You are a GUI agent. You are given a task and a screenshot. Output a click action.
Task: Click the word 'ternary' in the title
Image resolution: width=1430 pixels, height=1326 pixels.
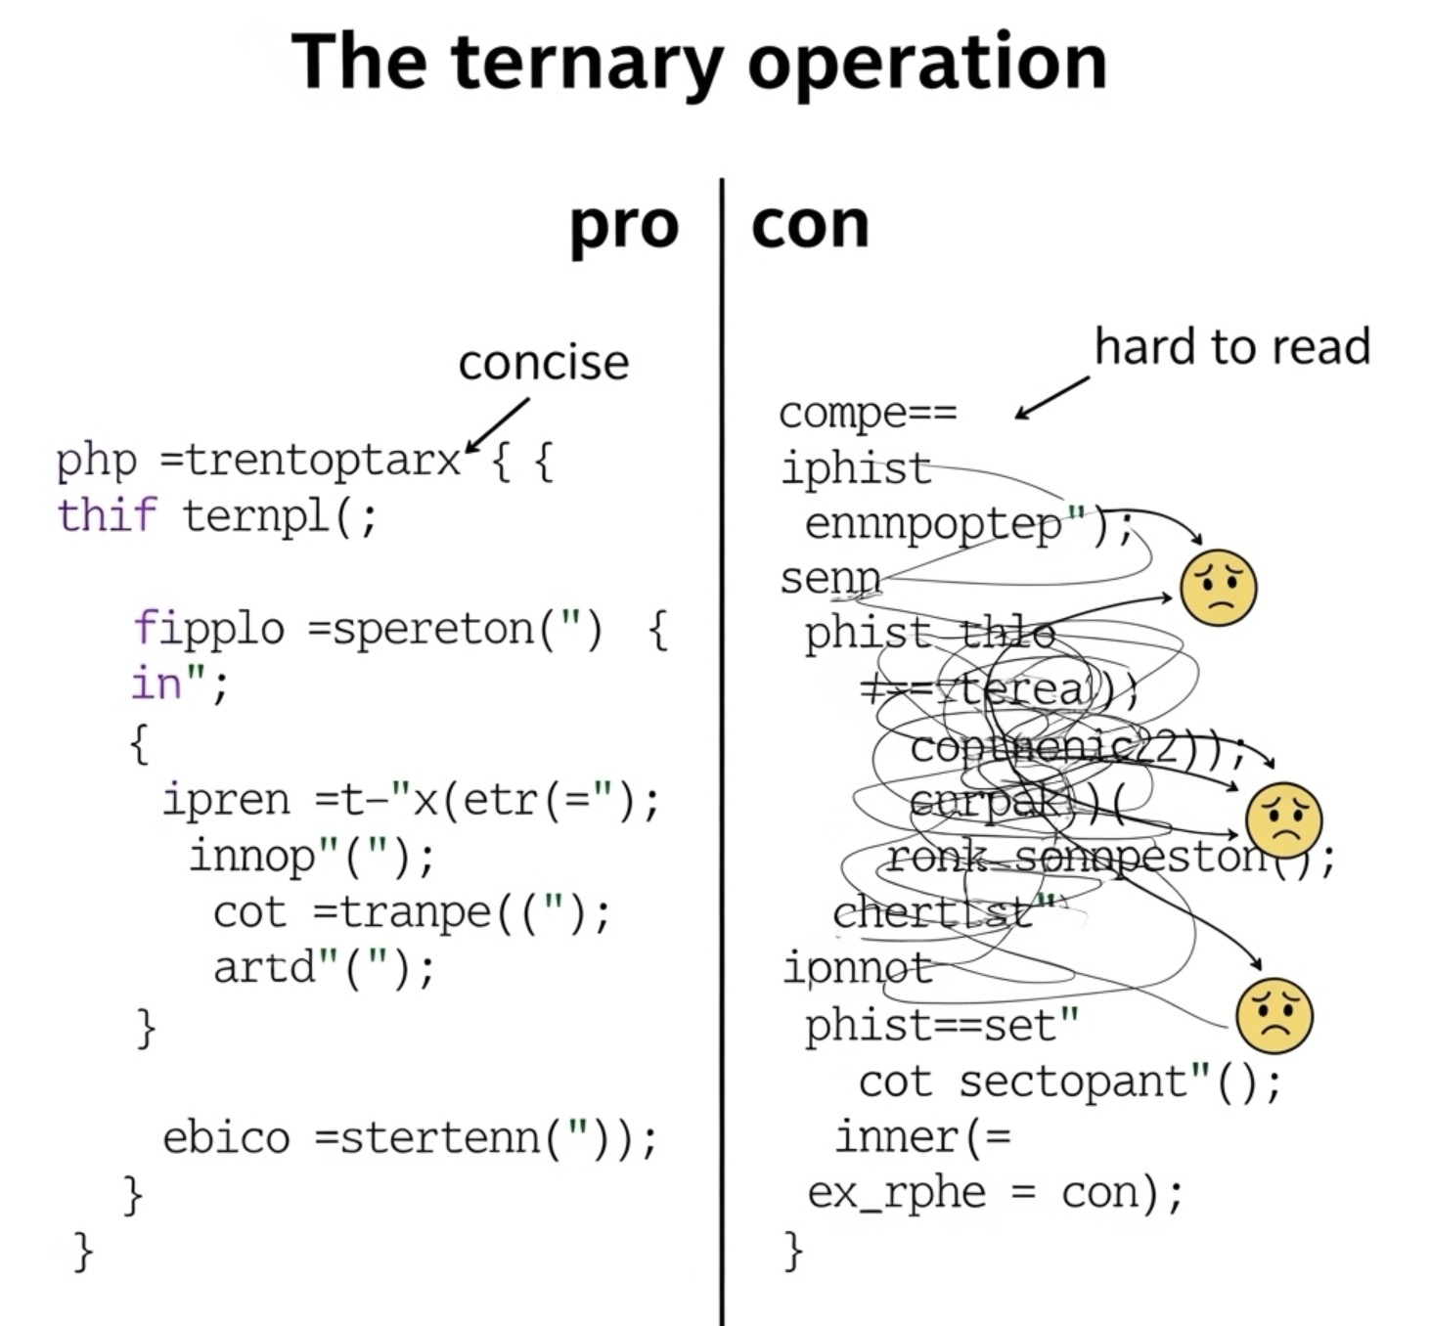click(x=587, y=63)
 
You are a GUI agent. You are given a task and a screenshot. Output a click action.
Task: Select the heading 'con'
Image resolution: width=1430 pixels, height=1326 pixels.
click(x=810, y=225)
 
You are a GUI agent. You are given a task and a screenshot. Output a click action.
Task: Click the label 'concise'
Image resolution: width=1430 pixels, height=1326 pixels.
click(x=544, y=363)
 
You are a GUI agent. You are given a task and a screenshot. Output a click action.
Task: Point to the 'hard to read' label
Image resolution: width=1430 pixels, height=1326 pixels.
click(x=1232, y=347)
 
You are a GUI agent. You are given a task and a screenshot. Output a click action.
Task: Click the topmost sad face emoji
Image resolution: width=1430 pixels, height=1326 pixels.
click(x=1218, y=587)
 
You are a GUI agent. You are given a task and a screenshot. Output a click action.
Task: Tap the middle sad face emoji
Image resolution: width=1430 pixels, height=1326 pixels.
click(x=1283, y=819)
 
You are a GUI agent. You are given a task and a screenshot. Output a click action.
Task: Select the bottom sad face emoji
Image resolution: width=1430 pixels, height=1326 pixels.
click(x=1274, y=1015)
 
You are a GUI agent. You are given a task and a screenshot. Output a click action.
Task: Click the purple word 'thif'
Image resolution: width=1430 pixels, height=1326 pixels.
click(x=106, y=515)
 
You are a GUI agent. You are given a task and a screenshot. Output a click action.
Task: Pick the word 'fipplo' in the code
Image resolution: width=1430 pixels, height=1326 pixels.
click(x=208, y=628)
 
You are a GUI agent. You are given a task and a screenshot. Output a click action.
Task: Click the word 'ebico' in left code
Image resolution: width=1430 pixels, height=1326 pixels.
click(x=226, y=1137)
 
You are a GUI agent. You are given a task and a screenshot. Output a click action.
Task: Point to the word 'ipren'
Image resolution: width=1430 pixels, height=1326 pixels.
click(x=226, y=800)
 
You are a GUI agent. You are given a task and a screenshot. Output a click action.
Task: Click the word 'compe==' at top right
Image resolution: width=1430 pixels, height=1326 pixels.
click(x=868, y=413)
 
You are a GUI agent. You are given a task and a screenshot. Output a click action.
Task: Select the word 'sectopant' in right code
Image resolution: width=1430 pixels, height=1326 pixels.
click(x=1073, y=1083)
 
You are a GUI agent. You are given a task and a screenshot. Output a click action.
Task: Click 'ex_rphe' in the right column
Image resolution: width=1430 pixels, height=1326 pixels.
click(x=896, y=1193)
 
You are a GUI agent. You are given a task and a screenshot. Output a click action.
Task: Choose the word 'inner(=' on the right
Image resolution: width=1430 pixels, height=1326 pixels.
click(x=922, y=1137)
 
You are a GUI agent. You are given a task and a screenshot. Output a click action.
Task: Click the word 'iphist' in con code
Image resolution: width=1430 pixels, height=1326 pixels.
click(x=856, y=468)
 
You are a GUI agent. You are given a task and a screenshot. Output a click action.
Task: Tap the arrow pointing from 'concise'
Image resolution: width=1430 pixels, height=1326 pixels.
click(x=498, y=424)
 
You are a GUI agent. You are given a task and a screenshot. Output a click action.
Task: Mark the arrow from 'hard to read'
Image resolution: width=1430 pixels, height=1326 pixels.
click(x=1051, y=398)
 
